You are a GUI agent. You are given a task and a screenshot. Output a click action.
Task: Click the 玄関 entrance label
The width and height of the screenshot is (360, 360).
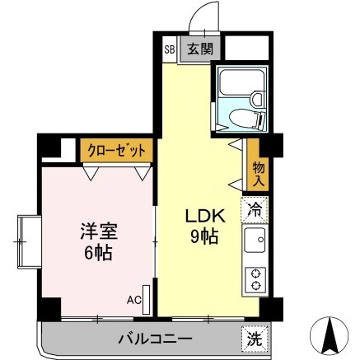(x=199, y=49)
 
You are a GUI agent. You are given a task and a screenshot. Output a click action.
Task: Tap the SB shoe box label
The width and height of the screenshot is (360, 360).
(x=170, y=49)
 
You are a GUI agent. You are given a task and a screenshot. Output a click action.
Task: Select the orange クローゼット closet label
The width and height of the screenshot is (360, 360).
(x=117, y=152)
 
